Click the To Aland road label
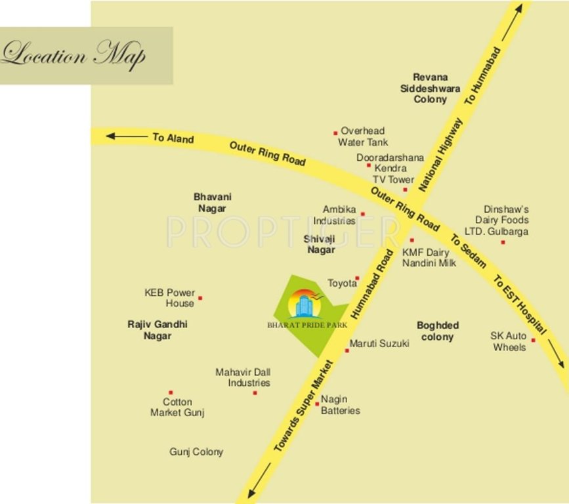pos(173,138)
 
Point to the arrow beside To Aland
pos(127,136)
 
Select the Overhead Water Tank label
pos(362,136)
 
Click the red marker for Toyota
pos(358,278)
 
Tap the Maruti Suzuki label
pos(379,343)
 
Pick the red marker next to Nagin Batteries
pos(317,404)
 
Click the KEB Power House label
pos(170,298)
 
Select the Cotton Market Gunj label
pos(178,407)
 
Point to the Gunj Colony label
pos(196,451)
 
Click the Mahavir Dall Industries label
pos(243,377)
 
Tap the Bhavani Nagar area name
pos(213,202)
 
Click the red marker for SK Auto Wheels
pos(533,340)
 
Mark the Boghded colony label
pos(438,331)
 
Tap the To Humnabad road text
pos(482,75)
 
